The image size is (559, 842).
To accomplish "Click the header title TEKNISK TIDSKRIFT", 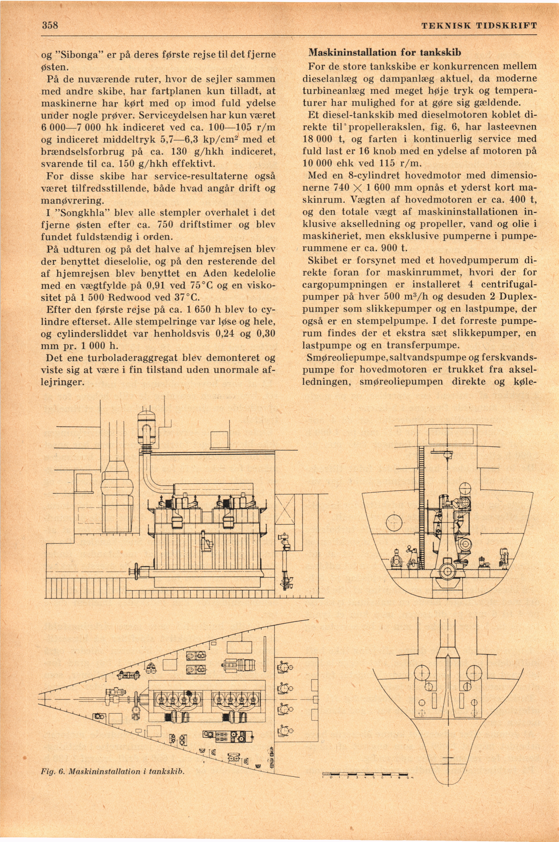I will (479, 26).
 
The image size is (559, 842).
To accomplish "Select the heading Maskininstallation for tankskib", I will (385, 53).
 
